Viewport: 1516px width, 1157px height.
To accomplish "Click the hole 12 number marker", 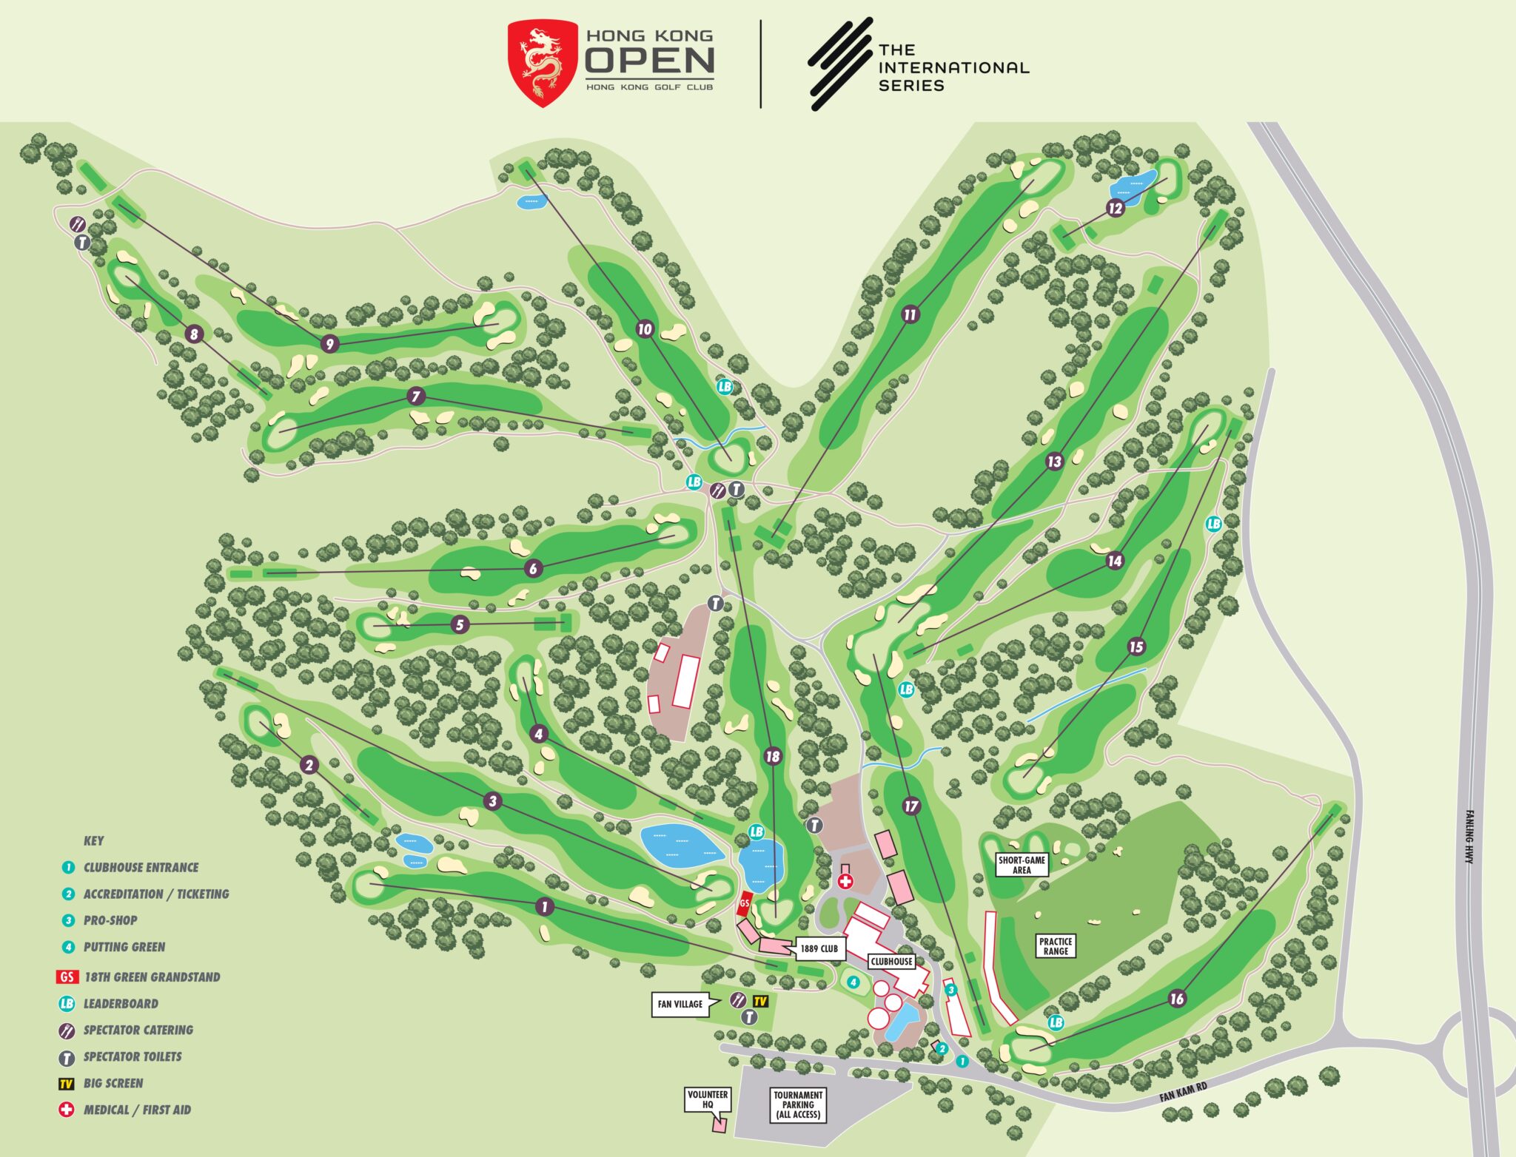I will click(1116, 209).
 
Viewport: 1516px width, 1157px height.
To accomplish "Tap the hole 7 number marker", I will click(416, 397).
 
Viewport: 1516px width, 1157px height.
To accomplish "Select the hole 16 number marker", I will click(1177, 999).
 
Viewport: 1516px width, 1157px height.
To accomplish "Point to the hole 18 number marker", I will click(773, 756).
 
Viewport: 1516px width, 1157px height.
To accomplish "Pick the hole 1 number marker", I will click(545, 907).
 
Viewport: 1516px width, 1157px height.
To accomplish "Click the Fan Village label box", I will click(680, 1004).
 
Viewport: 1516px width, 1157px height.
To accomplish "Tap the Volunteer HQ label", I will click(708, 1099).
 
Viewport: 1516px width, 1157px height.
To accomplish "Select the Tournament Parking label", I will click(798, 1104).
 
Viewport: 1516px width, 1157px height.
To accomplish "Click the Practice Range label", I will click(1056, 946).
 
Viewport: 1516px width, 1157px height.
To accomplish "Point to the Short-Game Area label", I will click(1022, 865).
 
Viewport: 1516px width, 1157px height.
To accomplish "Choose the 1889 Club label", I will click(819, 948).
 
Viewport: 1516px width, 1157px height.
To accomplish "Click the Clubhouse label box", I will click(891, 962).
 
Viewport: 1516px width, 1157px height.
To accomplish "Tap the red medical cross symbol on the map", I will click(845, 882).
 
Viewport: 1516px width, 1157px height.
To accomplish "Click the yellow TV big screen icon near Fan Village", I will click(760, 1002).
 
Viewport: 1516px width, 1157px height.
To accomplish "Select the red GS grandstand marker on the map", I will click(745, 903).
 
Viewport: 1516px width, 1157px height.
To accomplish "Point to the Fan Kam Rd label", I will click(1183, 1091).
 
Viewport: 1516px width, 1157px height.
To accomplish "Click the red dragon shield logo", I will click(543, 63).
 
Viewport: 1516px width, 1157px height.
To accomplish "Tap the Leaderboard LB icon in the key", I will click(67, 1004).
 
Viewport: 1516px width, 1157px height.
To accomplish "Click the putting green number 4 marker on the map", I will click(853, 982).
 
